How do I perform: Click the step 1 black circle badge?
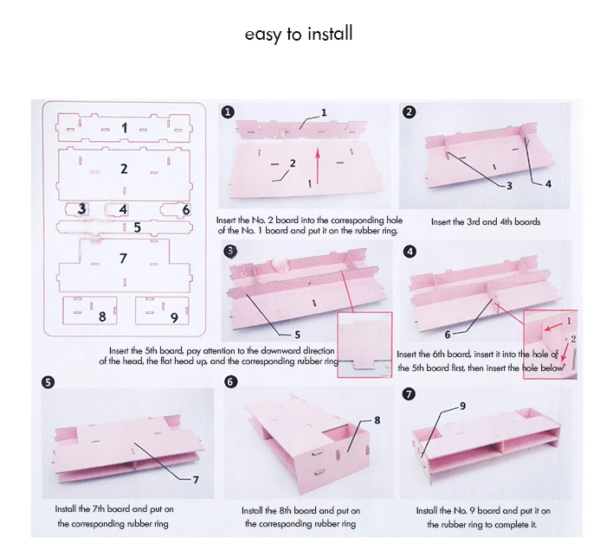228,112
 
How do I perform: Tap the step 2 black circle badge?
409,112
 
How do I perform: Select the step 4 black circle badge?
409,252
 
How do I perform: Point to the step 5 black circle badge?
48,382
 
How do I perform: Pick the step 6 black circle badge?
230,382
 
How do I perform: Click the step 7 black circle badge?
409,394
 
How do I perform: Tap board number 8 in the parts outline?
90,310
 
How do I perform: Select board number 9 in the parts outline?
163,310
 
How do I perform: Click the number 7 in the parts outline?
123,258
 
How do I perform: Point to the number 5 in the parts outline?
137,227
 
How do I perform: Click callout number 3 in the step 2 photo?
509,186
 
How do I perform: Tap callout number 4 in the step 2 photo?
548,184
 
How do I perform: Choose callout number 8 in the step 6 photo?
377,420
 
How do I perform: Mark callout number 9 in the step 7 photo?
462,406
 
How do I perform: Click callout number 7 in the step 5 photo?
196,480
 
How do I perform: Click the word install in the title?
331,34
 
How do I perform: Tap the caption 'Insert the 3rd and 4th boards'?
486,222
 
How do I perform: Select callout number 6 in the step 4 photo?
448,335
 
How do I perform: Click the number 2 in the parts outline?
124,169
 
